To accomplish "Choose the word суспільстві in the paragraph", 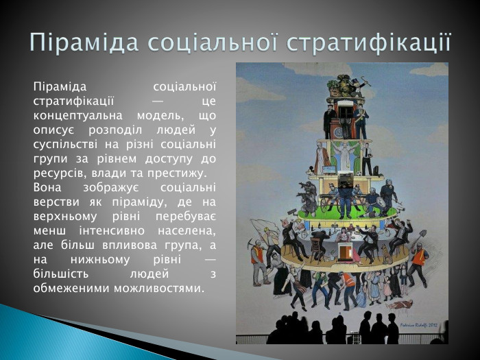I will point(65,144).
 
